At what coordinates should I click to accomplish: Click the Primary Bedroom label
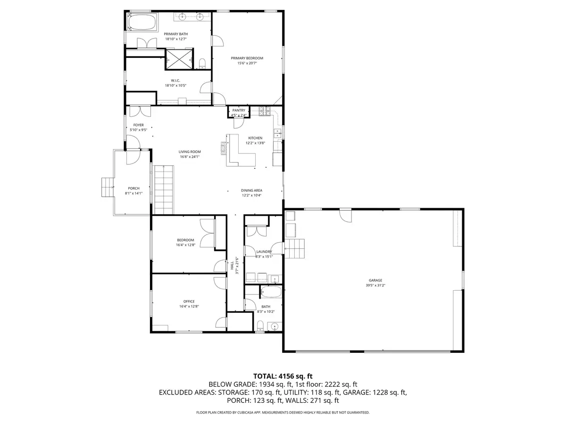click(247, 58)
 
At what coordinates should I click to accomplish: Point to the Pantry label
click(239, 110)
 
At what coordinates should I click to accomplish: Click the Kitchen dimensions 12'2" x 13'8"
click(255, 143)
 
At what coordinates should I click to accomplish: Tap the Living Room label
click(190, 152)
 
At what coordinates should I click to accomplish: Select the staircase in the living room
click(164, 190)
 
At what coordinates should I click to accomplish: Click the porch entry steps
click(108, 188)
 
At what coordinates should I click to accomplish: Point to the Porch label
click(133, 188)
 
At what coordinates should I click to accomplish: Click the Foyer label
click(138, 125)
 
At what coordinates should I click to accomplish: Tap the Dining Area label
click(251, 190)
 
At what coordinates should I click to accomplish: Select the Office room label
click(189, 302)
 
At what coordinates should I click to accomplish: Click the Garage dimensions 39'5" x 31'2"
click(375, 285)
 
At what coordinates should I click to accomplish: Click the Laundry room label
click(264, 252)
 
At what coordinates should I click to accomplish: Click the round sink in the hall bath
click(274, 326)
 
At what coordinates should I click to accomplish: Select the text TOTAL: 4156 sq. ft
click(283, 376)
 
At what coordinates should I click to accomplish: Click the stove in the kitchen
click(264, 112)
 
